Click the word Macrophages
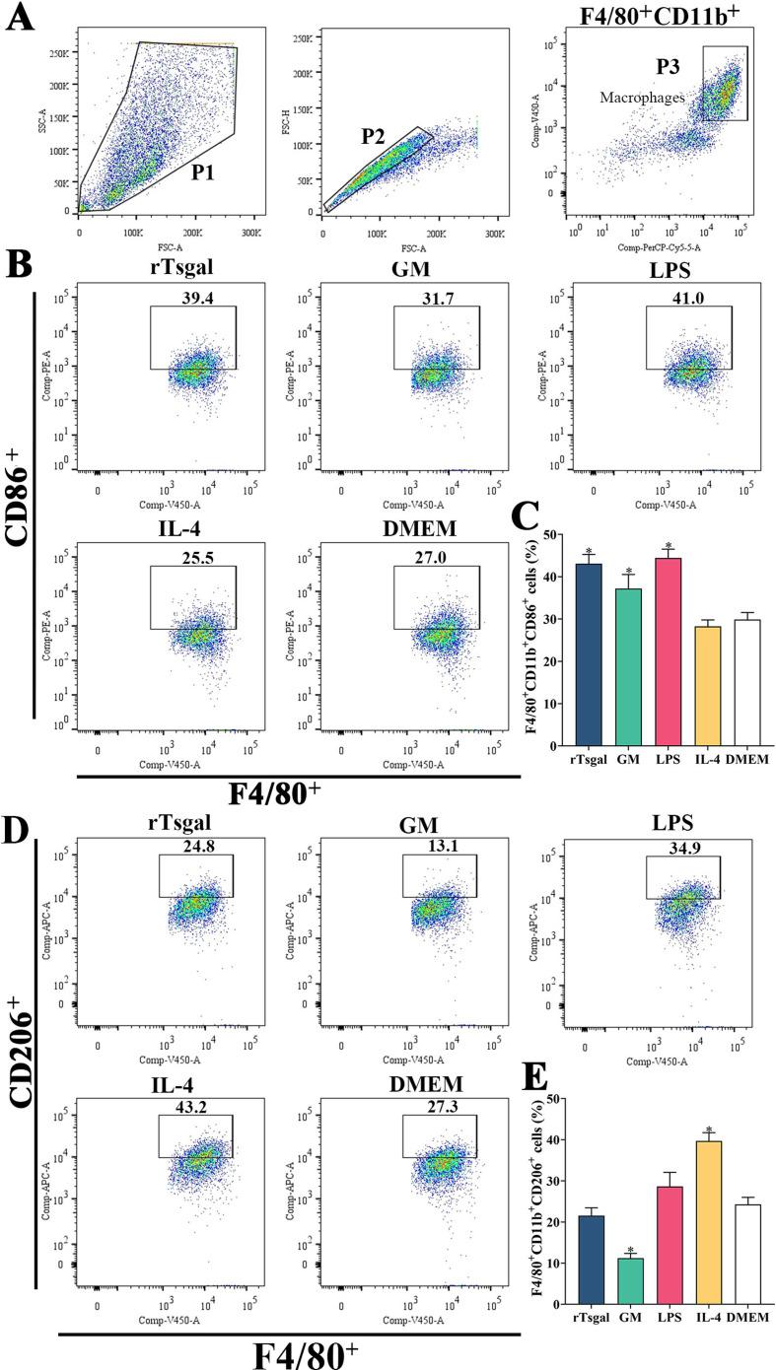point(639,98)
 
